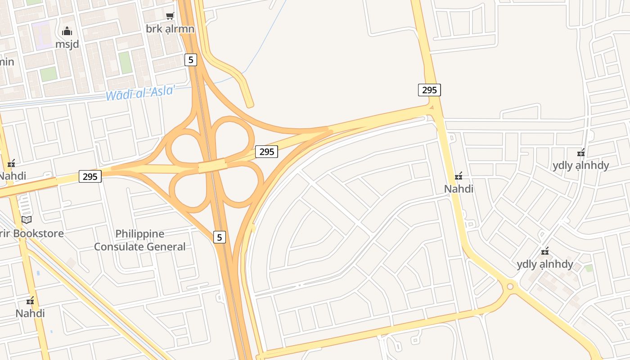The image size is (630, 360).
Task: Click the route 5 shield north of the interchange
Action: (191, 59)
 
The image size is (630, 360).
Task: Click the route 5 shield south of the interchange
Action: (219, 237)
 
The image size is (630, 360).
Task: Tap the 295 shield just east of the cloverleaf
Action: (266, 152)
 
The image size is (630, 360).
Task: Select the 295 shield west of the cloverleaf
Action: (90, 176)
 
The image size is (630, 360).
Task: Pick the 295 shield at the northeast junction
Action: (429, 90)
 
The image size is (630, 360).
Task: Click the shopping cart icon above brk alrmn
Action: (170, 16)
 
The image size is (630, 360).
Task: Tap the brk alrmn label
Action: (170, 29)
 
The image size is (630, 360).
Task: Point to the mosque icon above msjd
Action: (67, 31)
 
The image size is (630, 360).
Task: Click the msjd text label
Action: (67, 44)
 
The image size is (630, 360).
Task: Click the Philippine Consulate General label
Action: (139, 240)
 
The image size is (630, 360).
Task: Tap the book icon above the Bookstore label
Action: (27, 220)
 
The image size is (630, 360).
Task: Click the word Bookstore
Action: (38, 234)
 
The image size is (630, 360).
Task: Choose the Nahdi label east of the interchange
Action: (459, 189)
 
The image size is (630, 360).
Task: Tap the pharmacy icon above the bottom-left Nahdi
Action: (30, 300)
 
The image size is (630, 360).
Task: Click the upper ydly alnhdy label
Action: (580, 166)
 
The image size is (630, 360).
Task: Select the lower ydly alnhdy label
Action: (544, 264)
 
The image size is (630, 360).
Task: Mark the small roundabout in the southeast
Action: (510, 286)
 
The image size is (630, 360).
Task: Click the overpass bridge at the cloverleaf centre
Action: (213, 165)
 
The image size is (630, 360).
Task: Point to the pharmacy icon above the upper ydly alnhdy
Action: (581, 153)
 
